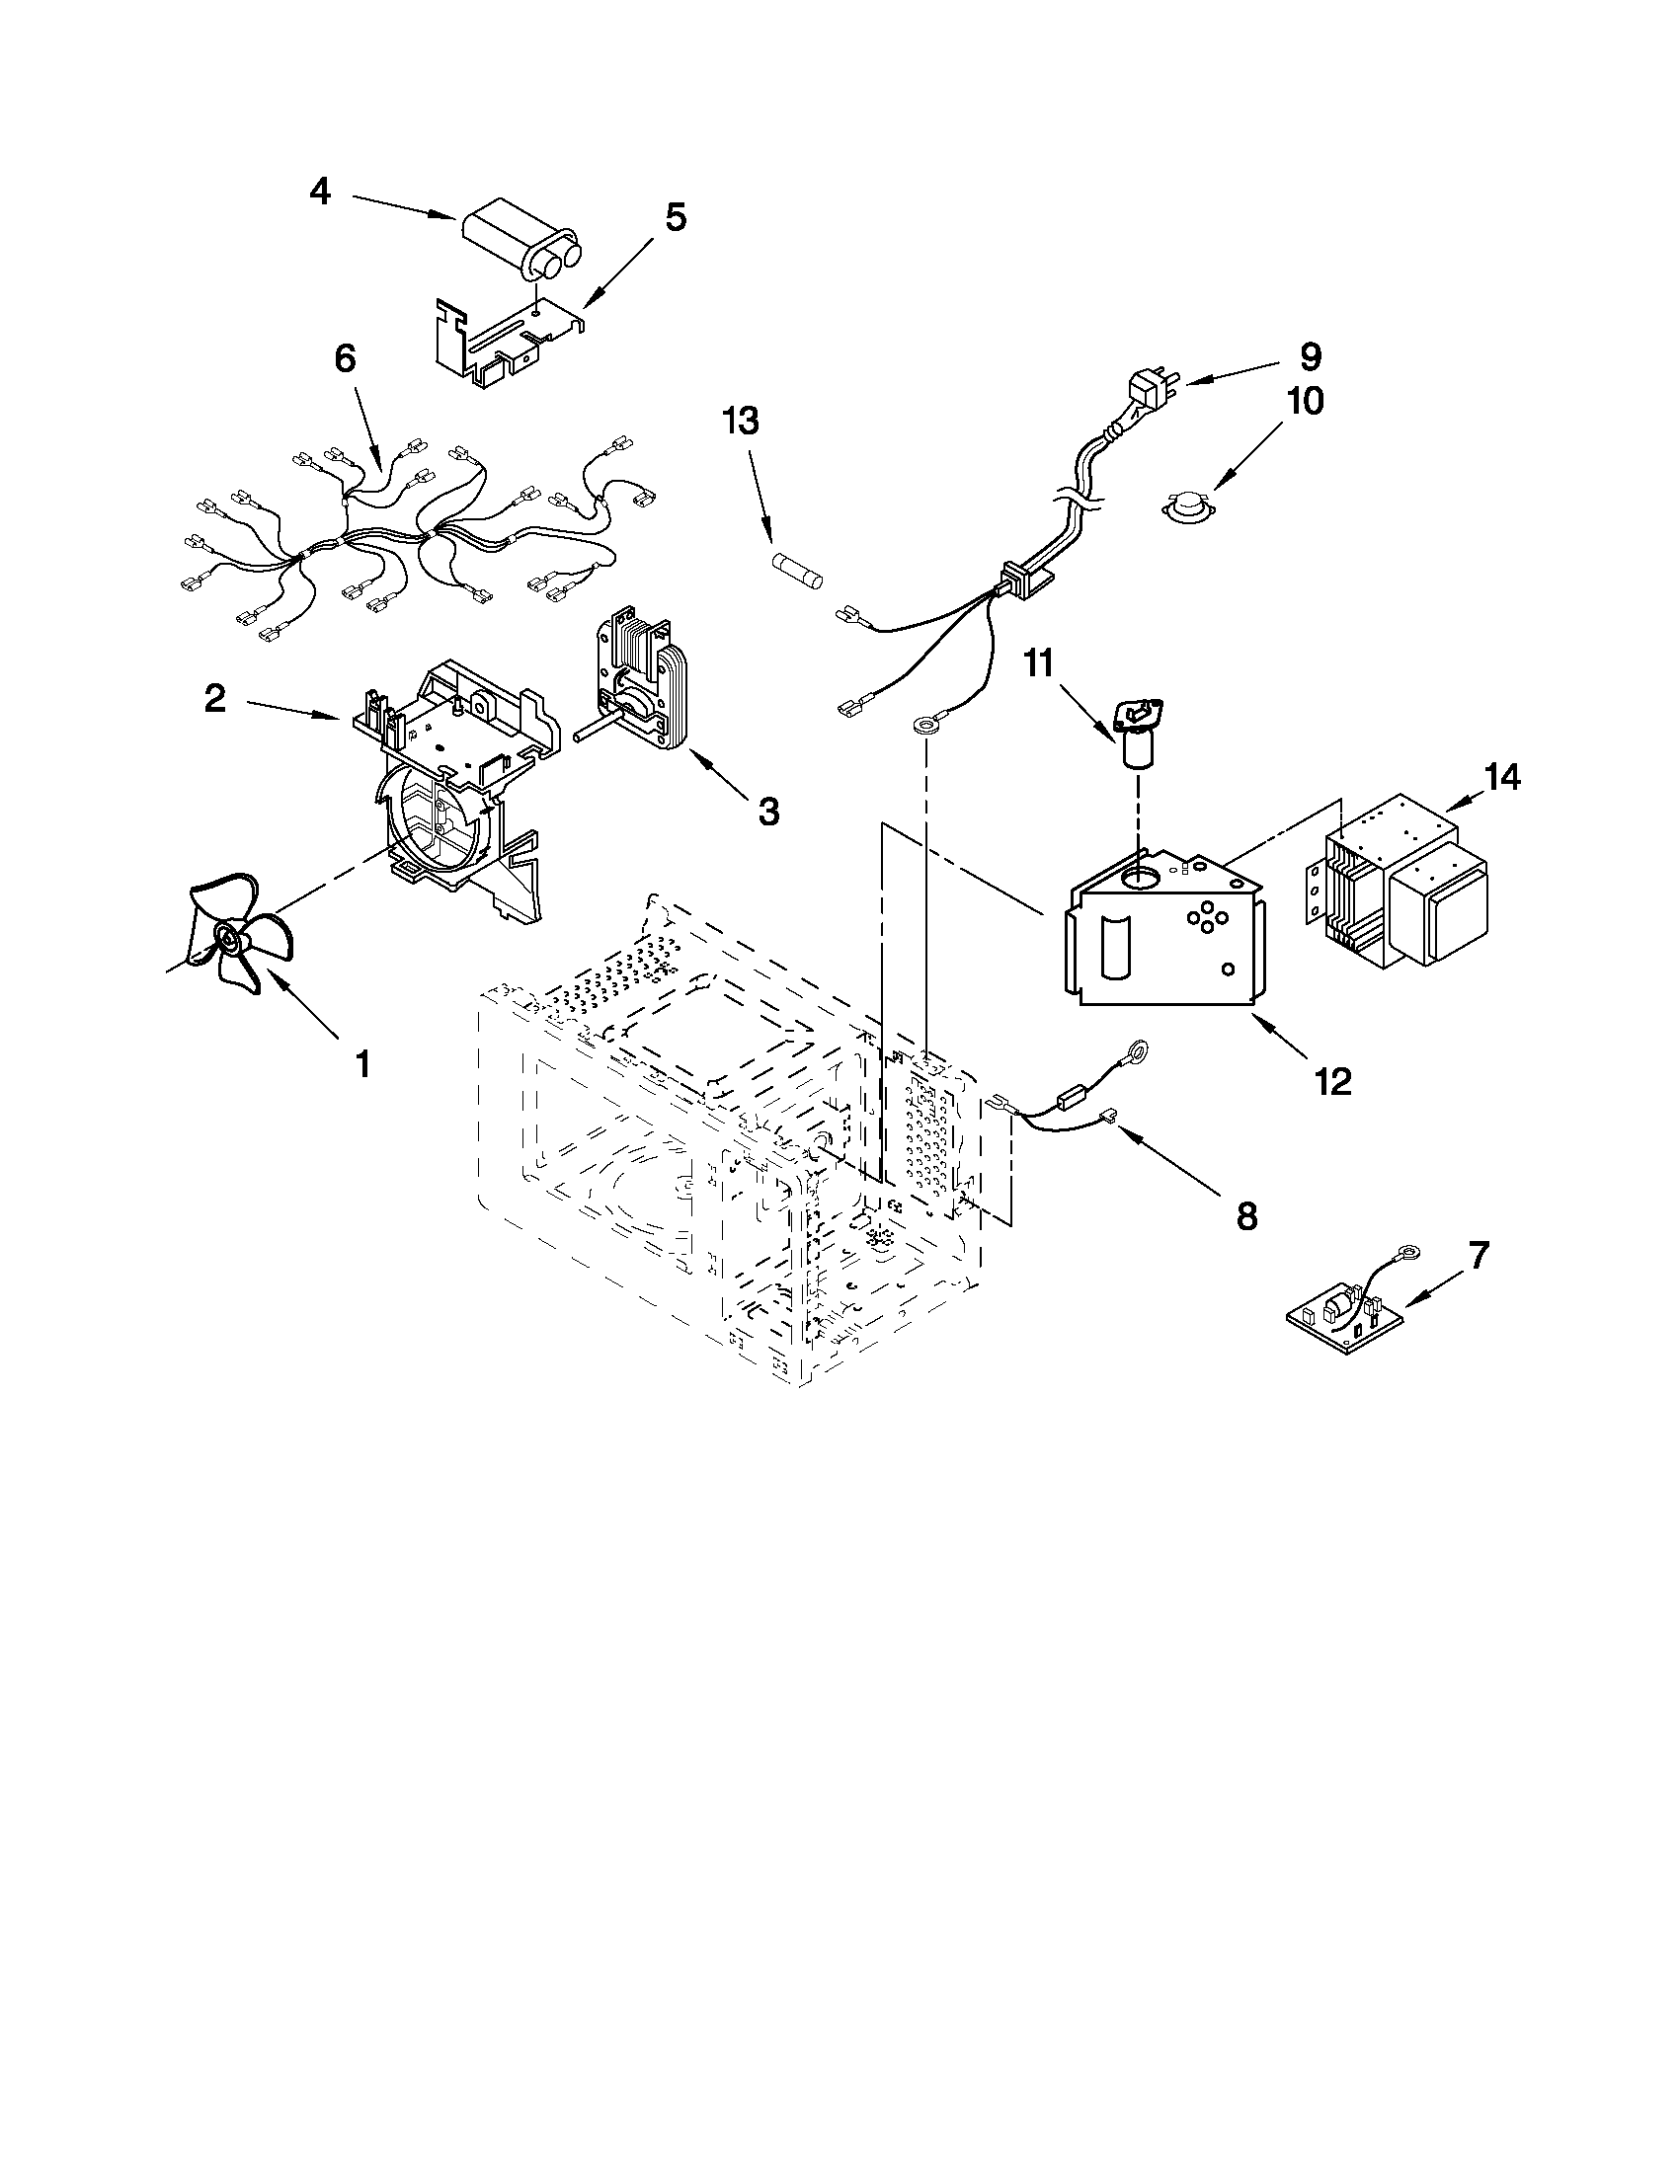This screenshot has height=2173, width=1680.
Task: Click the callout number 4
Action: point(319,191)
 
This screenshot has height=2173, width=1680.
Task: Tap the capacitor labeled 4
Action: point(520,244)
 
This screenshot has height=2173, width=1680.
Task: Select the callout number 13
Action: point(742,421)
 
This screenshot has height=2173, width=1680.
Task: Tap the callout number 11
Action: point(1039,663)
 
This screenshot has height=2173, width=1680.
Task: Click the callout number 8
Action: point(1246,1215)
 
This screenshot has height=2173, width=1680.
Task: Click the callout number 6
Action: point(345,359)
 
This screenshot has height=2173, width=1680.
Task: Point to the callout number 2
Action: point(215,699)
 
